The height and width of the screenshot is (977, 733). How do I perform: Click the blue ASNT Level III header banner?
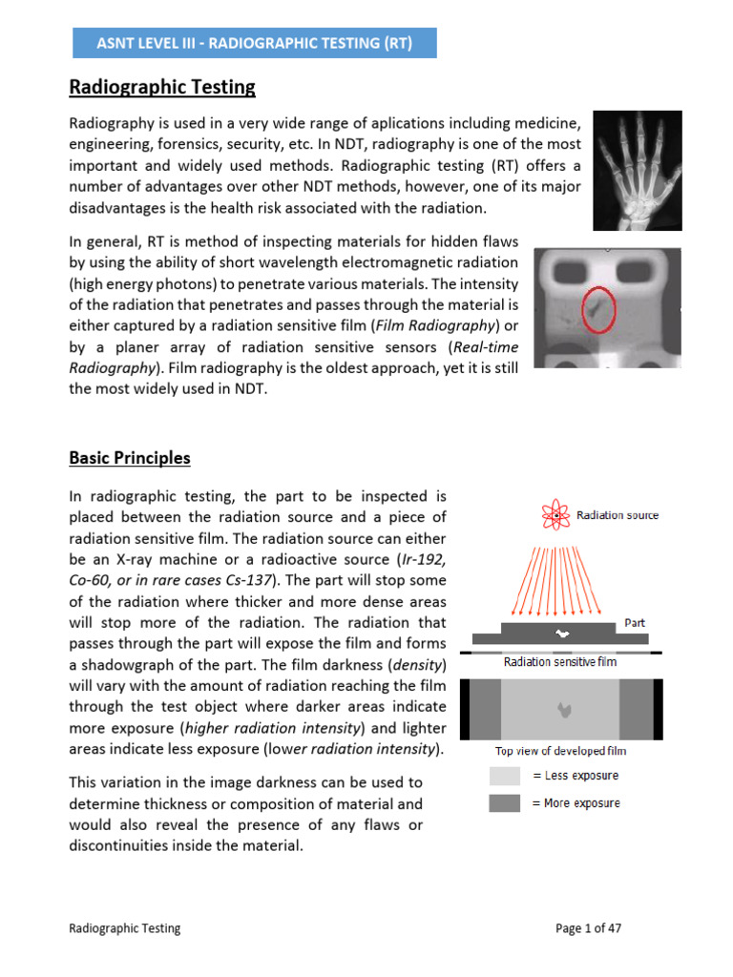255,43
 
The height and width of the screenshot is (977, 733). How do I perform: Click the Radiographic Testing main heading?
162,88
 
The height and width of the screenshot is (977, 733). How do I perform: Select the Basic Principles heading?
130,458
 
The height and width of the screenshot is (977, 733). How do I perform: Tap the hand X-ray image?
637,170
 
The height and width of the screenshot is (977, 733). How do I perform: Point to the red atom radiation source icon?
555,515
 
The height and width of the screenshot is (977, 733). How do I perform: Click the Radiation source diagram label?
618,515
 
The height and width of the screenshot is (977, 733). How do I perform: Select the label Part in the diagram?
635,622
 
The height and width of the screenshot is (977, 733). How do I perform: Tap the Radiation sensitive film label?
559,661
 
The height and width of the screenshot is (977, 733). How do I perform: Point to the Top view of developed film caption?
560,751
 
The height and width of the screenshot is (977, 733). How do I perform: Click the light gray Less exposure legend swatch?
505,776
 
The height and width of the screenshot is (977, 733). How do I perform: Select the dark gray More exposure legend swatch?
505,802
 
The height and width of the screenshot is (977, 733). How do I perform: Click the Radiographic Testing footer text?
124,927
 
